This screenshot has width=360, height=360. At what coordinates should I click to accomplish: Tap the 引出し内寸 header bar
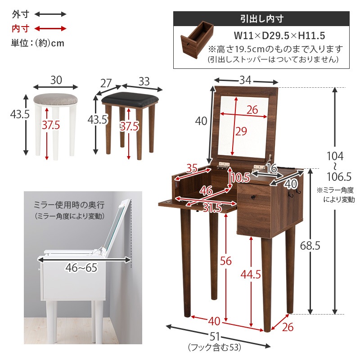coord(261,19)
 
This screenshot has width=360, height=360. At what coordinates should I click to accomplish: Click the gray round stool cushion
coord(55,98)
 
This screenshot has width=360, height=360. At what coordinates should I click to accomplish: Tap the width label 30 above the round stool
coord(56,81)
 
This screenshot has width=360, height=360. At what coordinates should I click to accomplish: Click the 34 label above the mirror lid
coord(245,80)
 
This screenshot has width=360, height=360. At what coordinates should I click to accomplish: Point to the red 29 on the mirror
coord(241,131)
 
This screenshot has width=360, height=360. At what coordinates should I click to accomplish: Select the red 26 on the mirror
coord(252,109)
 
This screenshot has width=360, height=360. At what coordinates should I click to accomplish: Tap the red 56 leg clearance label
coord(226,261)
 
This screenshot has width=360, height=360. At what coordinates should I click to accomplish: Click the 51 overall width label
coord(215,337)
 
